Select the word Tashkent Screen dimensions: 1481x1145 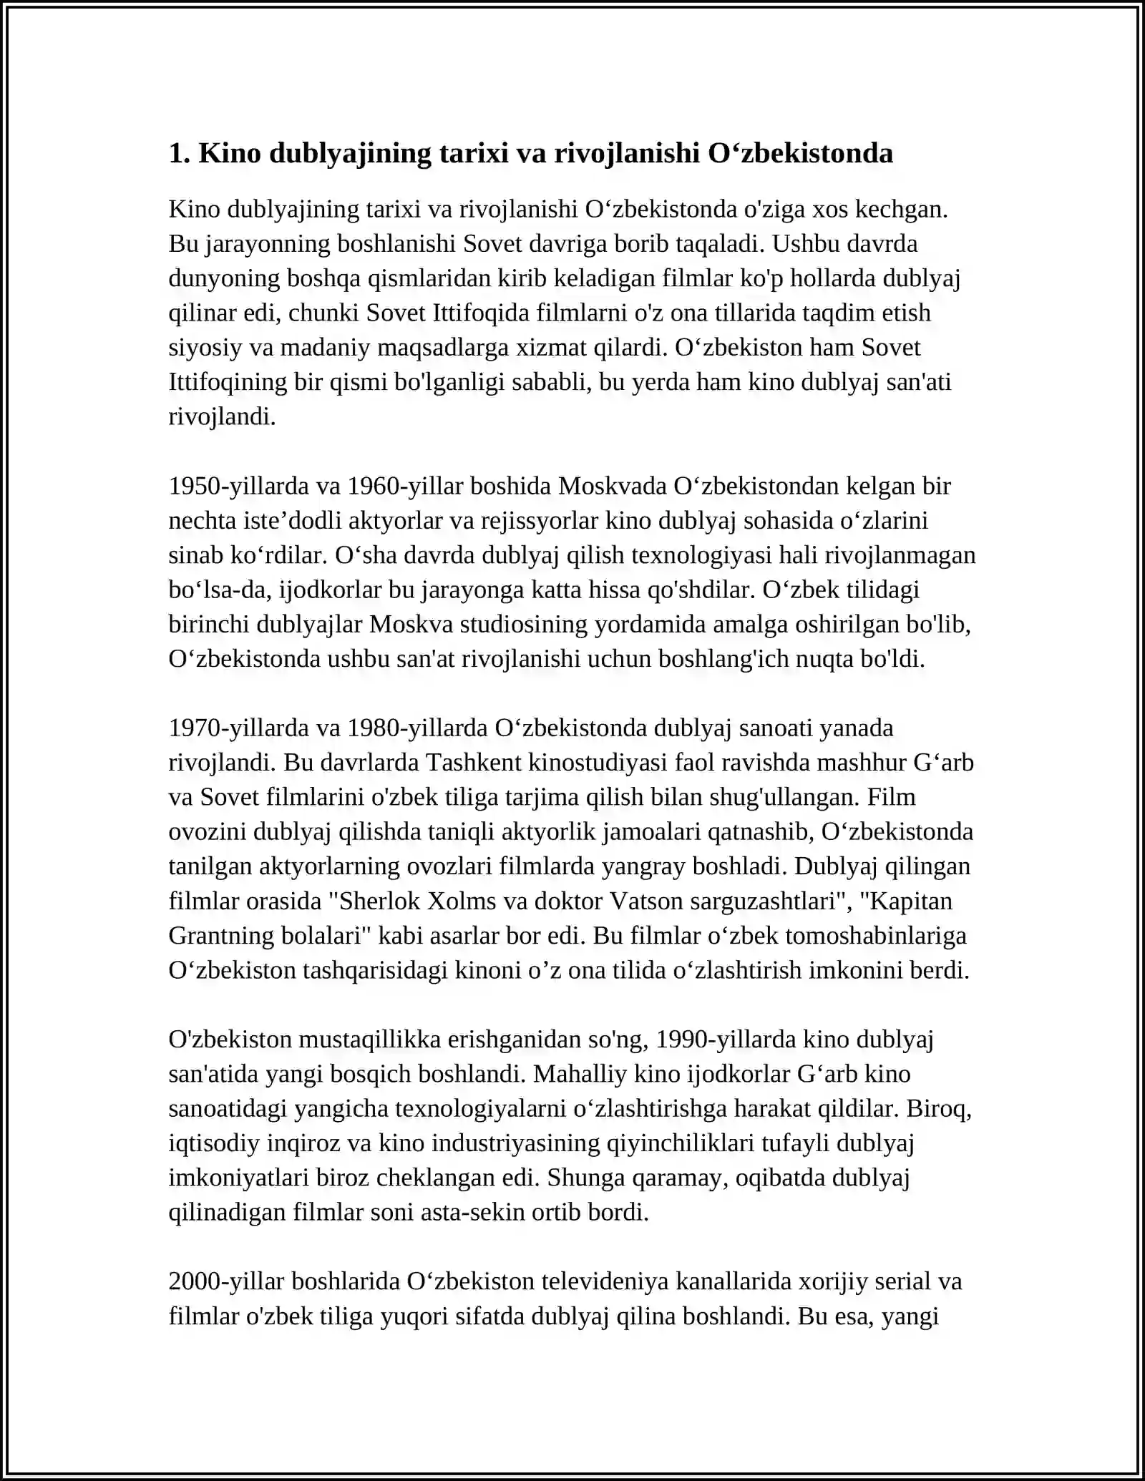coord(473,763)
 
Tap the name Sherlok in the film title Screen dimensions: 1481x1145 coord(379,901)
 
